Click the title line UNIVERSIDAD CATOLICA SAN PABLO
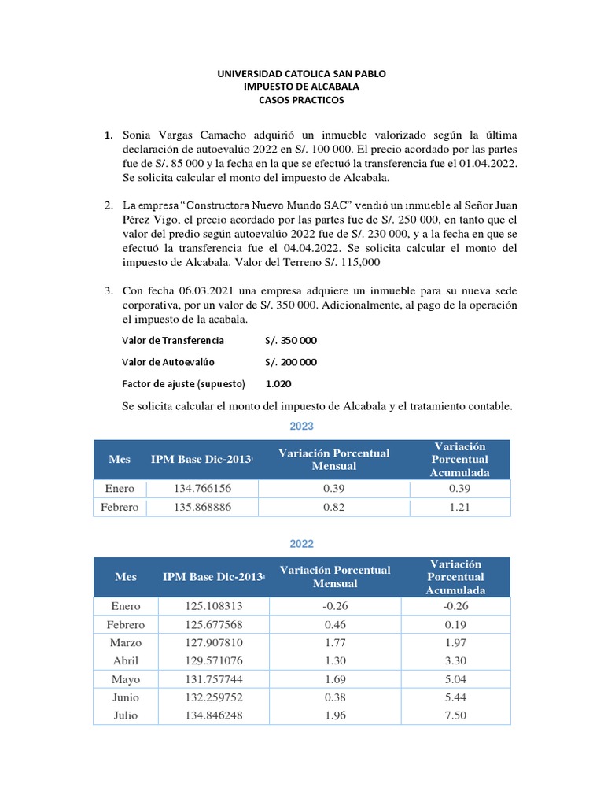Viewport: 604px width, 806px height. (x=302, y=73)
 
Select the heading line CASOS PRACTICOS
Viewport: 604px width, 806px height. (x=302, y=100)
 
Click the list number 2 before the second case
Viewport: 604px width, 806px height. (x=109, y=205)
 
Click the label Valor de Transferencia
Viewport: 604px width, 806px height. (x=173, y=341)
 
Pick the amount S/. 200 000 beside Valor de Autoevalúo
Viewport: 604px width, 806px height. (x=291, y=362)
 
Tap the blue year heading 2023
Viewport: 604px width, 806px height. (x=301, y=426)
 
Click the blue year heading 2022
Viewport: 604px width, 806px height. (x=301, y=544)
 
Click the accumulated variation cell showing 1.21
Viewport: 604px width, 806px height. (x=459, y=508)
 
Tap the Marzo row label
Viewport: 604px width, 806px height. (x=126, y=643)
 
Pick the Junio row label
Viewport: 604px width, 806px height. (x=126, y=697)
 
